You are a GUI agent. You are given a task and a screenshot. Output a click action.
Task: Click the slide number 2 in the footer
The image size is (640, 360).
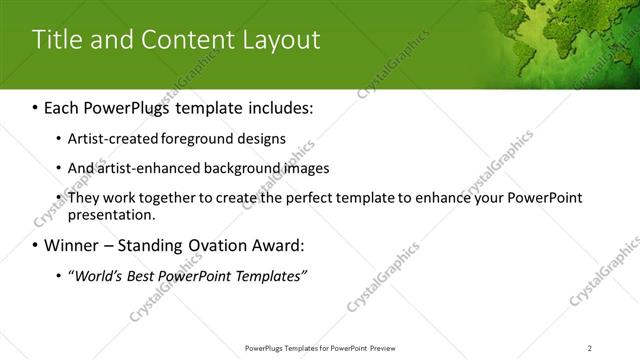[x=590, y=347]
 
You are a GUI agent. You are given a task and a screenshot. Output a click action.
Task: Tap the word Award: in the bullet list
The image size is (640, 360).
[x=304, y=245]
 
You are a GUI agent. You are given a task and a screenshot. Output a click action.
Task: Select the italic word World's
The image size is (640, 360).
[x=97, y=276]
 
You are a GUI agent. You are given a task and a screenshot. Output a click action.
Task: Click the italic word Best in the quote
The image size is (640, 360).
[x=141, y=276]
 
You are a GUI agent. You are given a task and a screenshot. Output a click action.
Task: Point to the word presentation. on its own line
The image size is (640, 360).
[x=111, y=214]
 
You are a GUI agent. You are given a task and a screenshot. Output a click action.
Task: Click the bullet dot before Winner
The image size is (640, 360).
[x=36, y=245]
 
